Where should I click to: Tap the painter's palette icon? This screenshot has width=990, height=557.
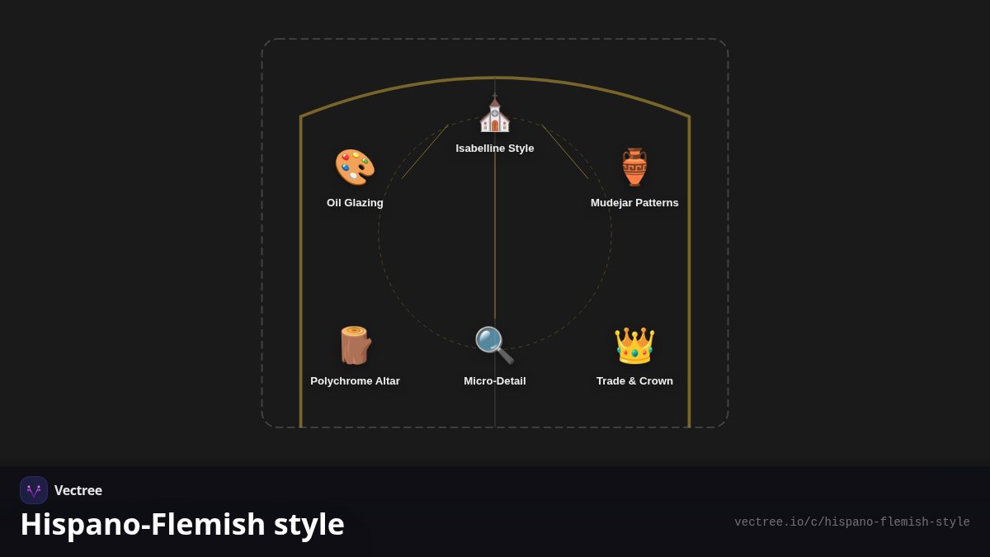tap(355, 167)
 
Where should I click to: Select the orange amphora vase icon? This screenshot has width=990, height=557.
tap(634, 167)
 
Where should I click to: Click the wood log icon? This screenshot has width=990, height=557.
tap(356, 345)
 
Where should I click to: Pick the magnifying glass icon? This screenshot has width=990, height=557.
tap(494, 345)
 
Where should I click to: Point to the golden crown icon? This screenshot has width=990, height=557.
tap(634, 345)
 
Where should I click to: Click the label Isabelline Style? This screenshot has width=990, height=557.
tap(494, 149)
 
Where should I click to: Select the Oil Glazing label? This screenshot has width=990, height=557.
tap(355, 203)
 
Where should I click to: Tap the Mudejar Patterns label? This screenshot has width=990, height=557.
tap(634, 203)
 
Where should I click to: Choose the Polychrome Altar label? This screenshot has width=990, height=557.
tap(355, 381)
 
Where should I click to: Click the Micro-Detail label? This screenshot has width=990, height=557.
tap(494, 381)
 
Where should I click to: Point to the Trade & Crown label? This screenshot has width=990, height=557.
tap(634, 381)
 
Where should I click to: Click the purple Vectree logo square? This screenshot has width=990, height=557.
tap(34, 490)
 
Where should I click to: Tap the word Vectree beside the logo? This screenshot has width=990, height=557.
tap(78, 490)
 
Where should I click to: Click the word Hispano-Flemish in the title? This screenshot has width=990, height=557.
tap(142, 524)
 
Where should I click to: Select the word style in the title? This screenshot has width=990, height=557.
tap(309, 525)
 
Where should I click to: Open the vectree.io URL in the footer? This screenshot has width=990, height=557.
tap(851, 522)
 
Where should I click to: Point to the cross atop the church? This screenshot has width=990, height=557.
tap(494, 96)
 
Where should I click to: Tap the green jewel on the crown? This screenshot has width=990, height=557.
tap(634, 353)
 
